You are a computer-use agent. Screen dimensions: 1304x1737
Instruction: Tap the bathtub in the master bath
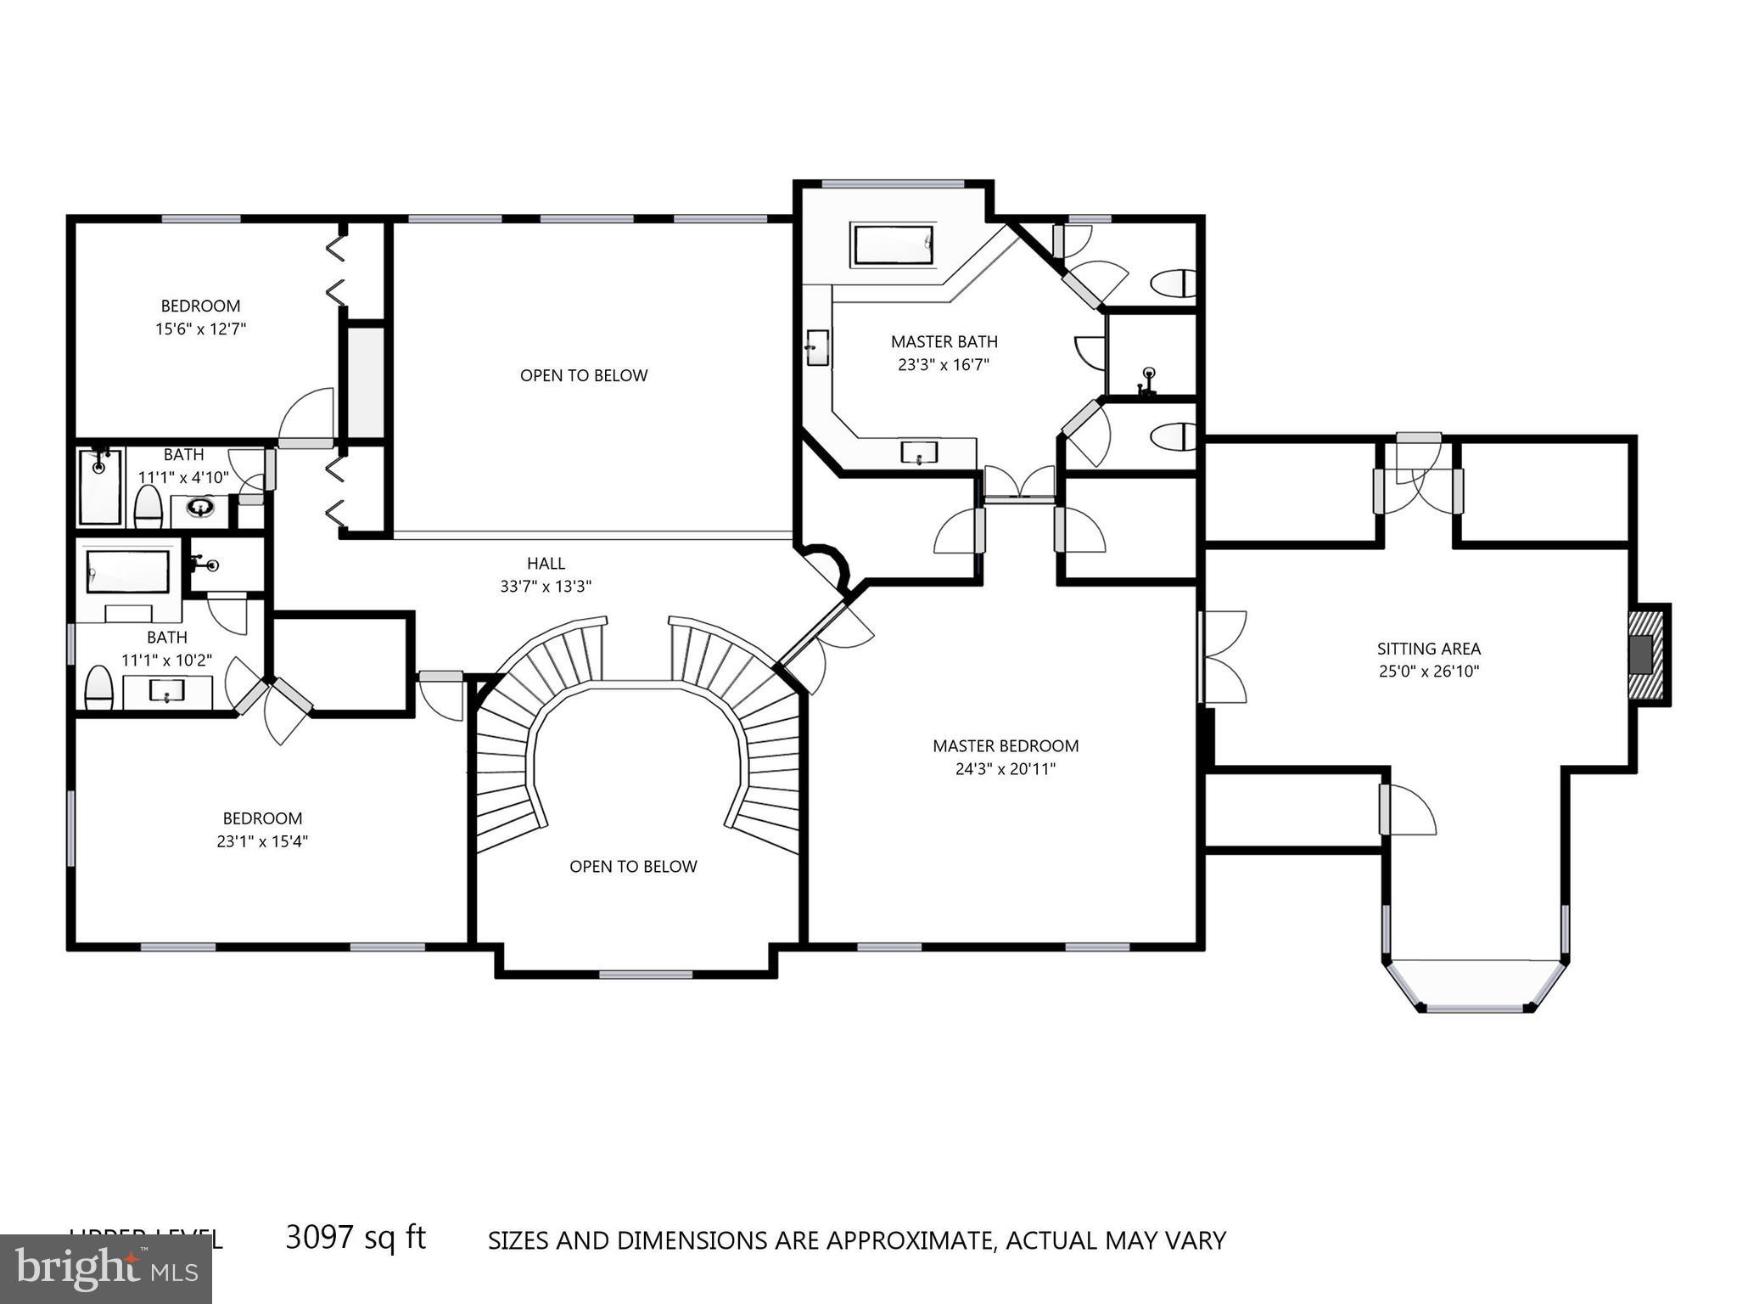pyautogui.click(x=893, y=245)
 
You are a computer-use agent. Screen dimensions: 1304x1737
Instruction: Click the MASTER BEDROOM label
pyautogui.click(x=1006, y=746)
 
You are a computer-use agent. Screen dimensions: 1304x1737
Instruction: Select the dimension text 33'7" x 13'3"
pyautogui.click(x=546, y=587)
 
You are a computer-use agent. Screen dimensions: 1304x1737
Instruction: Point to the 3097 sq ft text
pyautogui.click(x=356, y=1238)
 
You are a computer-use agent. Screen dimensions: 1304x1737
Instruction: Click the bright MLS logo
pyautogui.click(x=105, y=1268)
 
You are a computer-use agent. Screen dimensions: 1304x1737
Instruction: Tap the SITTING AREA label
pyautogui.click(x=1428, y=649)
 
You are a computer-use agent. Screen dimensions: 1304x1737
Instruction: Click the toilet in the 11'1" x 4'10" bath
pyautogui.click(x=148, y=508)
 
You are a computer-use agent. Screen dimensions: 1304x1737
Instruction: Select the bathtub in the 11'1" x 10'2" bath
pyautogui.click(x=128, y=571)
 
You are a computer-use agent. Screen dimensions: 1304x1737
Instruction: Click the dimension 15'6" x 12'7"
pyautogui.click(x=200, y=329)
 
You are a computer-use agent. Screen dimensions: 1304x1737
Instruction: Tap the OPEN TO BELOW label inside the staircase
pyautogui.click(x=633, y=867)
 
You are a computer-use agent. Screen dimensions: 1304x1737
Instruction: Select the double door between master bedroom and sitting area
pyautogui.click(x=1222, y=657)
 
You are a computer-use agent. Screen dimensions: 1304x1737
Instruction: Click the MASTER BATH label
pyautogui.click(x=944, y=342)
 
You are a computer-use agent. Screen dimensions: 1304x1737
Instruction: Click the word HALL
pyautogui.click(x=546, y=564)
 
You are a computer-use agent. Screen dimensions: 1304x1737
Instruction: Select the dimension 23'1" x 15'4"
pyautogui.click(x=262, y=842)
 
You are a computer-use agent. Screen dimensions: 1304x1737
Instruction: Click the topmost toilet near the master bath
pyautogui.click(x=1176, y=284)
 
